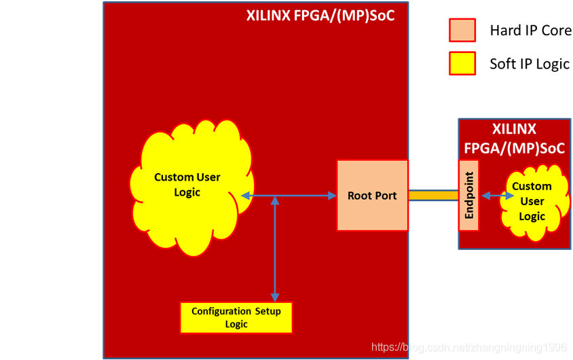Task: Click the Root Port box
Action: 372,196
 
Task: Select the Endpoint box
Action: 469,196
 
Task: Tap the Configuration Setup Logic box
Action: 236,317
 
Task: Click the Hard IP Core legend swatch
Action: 462,30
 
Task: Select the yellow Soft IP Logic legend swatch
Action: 462,64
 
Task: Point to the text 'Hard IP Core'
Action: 530,31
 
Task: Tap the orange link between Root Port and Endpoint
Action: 433,196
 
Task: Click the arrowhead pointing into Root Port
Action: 332,196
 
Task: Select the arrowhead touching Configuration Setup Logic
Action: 275,297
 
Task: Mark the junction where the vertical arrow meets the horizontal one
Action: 275,196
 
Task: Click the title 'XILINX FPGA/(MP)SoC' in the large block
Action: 320,15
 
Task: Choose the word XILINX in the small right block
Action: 514,129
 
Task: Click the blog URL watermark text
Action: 469,348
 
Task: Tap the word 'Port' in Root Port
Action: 385,196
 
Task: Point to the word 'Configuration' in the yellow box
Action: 221,311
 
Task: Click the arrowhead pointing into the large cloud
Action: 245,196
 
